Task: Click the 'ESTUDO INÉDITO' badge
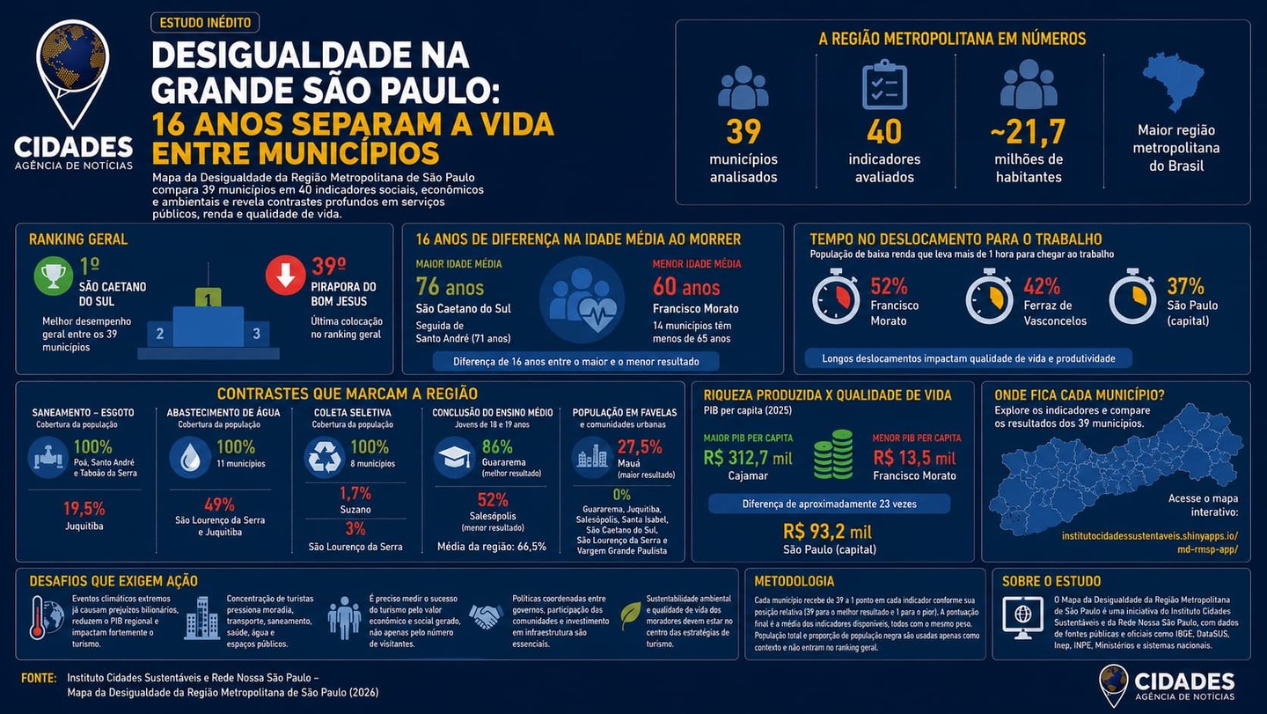point(205,23)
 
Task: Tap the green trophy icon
point(53,276)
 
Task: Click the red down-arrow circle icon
point(286,276)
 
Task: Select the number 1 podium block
point(209,298)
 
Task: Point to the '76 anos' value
point(450,287)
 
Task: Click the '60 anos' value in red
point(686,287)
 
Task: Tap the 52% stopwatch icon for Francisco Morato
point(836,297)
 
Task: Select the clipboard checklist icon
point(884,85)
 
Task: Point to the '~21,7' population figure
point(1028,132)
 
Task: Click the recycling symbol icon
point(324,458)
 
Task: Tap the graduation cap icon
point(454,458)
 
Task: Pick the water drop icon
point(190,458)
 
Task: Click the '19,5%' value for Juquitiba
point(84,509)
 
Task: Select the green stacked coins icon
point(833,454)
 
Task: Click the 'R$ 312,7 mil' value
point(748,458)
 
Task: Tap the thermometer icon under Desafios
point(37,618)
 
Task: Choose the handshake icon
point(486,616)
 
